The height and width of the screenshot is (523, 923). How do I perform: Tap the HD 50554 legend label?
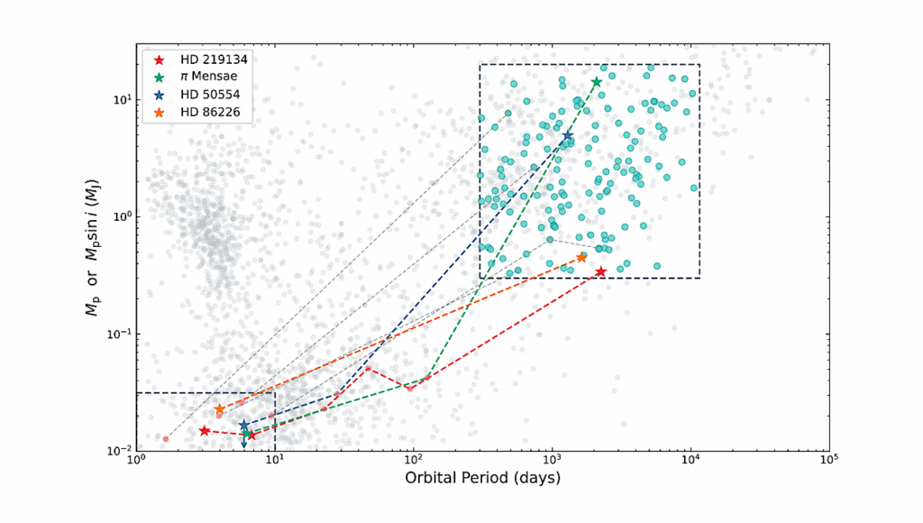[205, 95]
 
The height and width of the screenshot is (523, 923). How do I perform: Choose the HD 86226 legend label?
[205, 113]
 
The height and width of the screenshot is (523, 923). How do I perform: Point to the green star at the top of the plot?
[597, 82]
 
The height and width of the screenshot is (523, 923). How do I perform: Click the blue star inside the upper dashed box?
[568, 135]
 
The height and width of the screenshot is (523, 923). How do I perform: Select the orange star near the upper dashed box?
[581, 258]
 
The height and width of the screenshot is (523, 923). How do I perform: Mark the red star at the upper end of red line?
[600, 271]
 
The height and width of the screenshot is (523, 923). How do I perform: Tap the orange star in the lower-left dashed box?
[219, 408]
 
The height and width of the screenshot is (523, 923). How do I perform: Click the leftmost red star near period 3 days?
[205, 431]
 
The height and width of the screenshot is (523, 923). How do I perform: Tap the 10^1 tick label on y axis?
[119, 99]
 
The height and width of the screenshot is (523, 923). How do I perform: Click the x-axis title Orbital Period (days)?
[482, 478]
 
